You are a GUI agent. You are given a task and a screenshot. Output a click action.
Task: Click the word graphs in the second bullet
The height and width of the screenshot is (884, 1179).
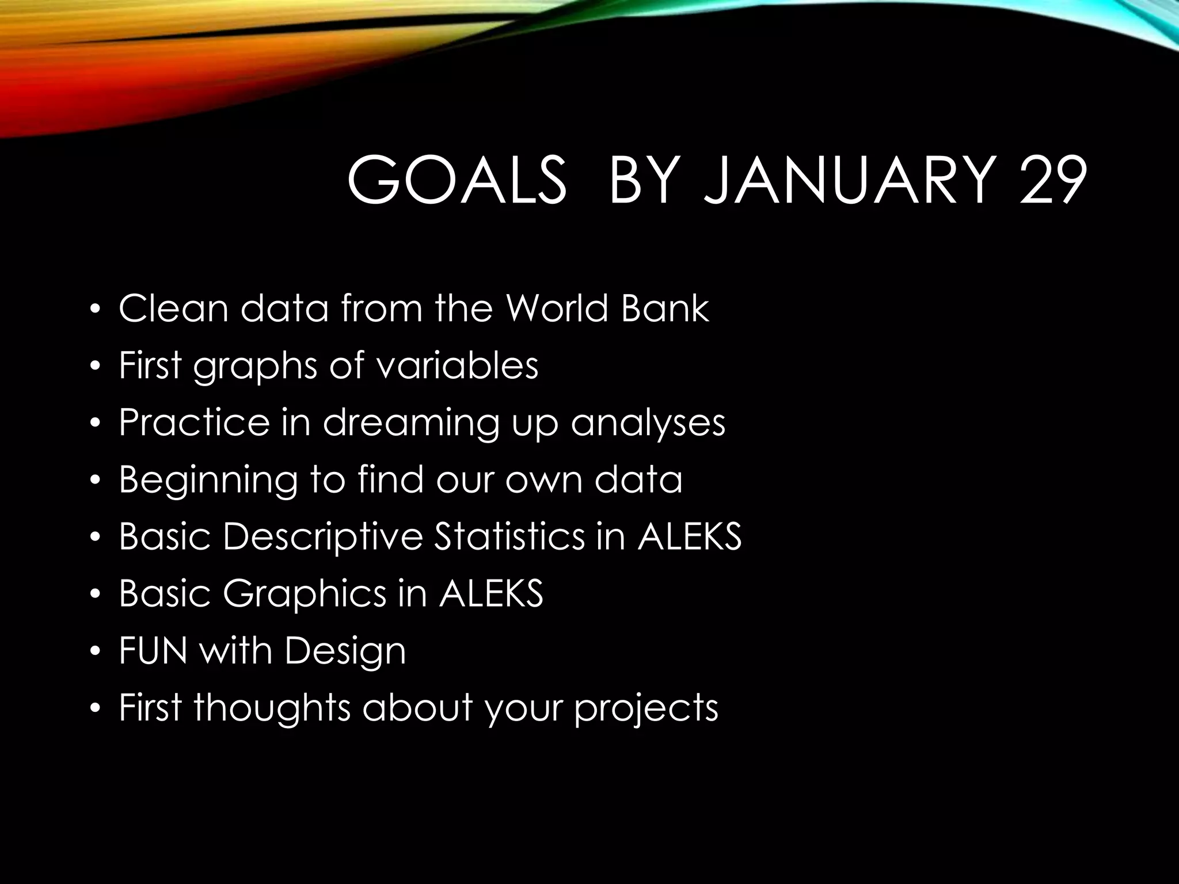[x=255, y=367]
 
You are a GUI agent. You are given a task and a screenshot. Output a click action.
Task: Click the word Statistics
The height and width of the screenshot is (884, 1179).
[x=509, y=536]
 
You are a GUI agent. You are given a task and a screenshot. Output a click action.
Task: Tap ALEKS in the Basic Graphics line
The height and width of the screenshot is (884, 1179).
[x=491, y=593]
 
